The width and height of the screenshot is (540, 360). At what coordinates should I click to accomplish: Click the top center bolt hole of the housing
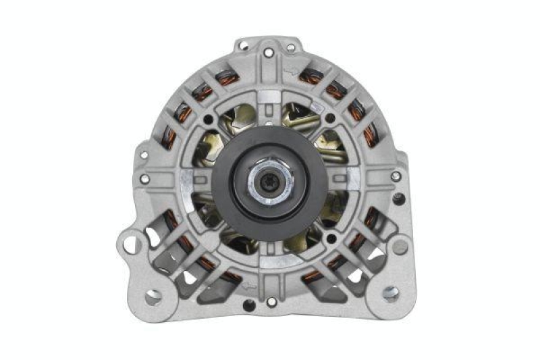point(269,52)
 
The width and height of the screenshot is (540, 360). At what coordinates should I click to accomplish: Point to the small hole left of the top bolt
point(244,48)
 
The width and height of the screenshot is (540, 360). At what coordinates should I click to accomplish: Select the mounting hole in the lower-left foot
point(154,296)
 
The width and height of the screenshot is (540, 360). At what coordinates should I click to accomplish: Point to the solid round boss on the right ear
point(400,247)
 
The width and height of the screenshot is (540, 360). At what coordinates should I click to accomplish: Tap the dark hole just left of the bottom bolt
point(249,305)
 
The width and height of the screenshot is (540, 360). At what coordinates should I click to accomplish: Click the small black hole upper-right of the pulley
point(330,119)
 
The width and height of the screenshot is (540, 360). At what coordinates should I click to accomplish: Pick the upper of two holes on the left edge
point(143,155)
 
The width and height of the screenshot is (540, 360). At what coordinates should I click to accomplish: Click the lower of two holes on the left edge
point(144,179)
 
